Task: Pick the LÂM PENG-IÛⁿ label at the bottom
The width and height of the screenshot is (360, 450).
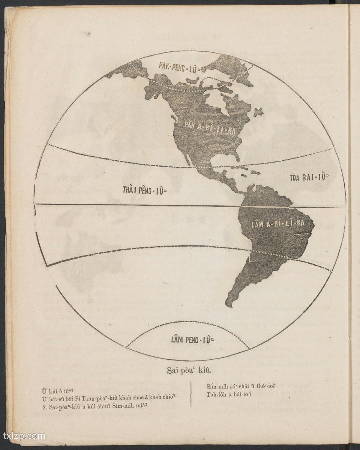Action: pos(192,340)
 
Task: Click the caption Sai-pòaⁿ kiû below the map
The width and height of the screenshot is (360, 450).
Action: pos(189,370)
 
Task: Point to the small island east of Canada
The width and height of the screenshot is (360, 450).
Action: pos(258,112)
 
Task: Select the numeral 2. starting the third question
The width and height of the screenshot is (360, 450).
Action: pos(45,405)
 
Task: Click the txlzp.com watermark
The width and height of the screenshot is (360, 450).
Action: pos(24,436)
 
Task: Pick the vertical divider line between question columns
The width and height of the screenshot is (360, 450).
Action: pos(191,393)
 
